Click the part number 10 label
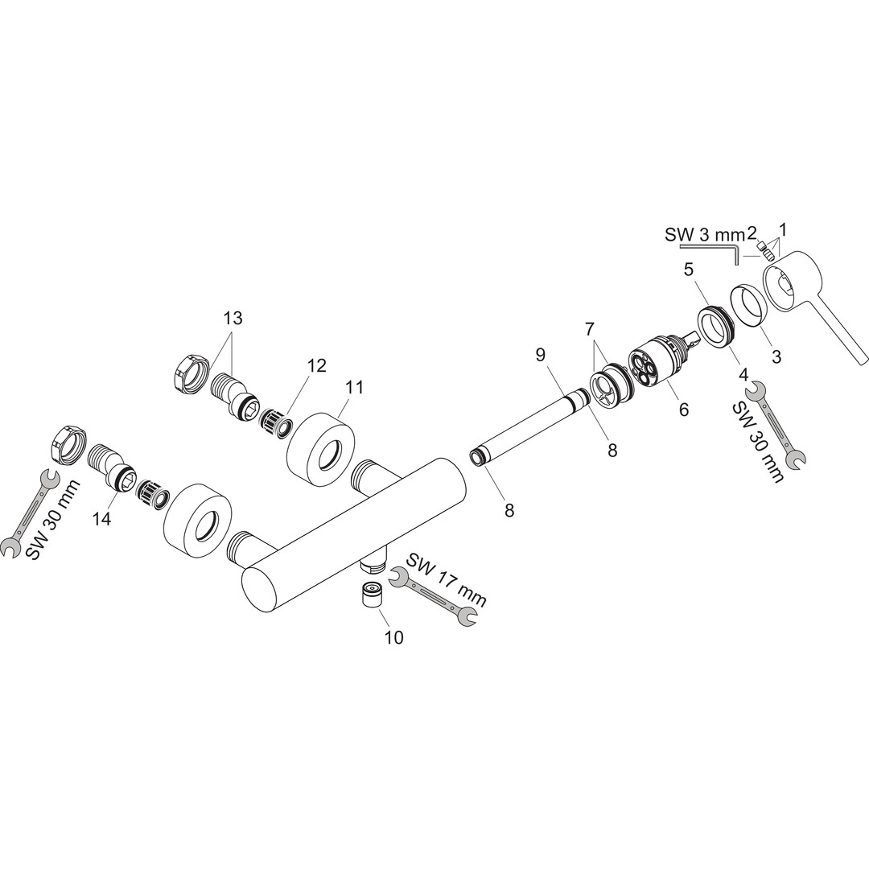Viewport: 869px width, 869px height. pyautogui.click(x=394, y=638)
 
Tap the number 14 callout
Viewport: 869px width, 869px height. pyautogui.click(x=103, y=519)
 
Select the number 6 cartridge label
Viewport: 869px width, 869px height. pyautogui.click(x=684, y=410)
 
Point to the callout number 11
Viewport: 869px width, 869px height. pyautogui.click(x=354, y=387)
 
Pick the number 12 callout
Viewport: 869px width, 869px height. pyautogui.click(x=318, y=366)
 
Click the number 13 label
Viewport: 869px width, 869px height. pyautogui.click(x=233, y=318)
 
